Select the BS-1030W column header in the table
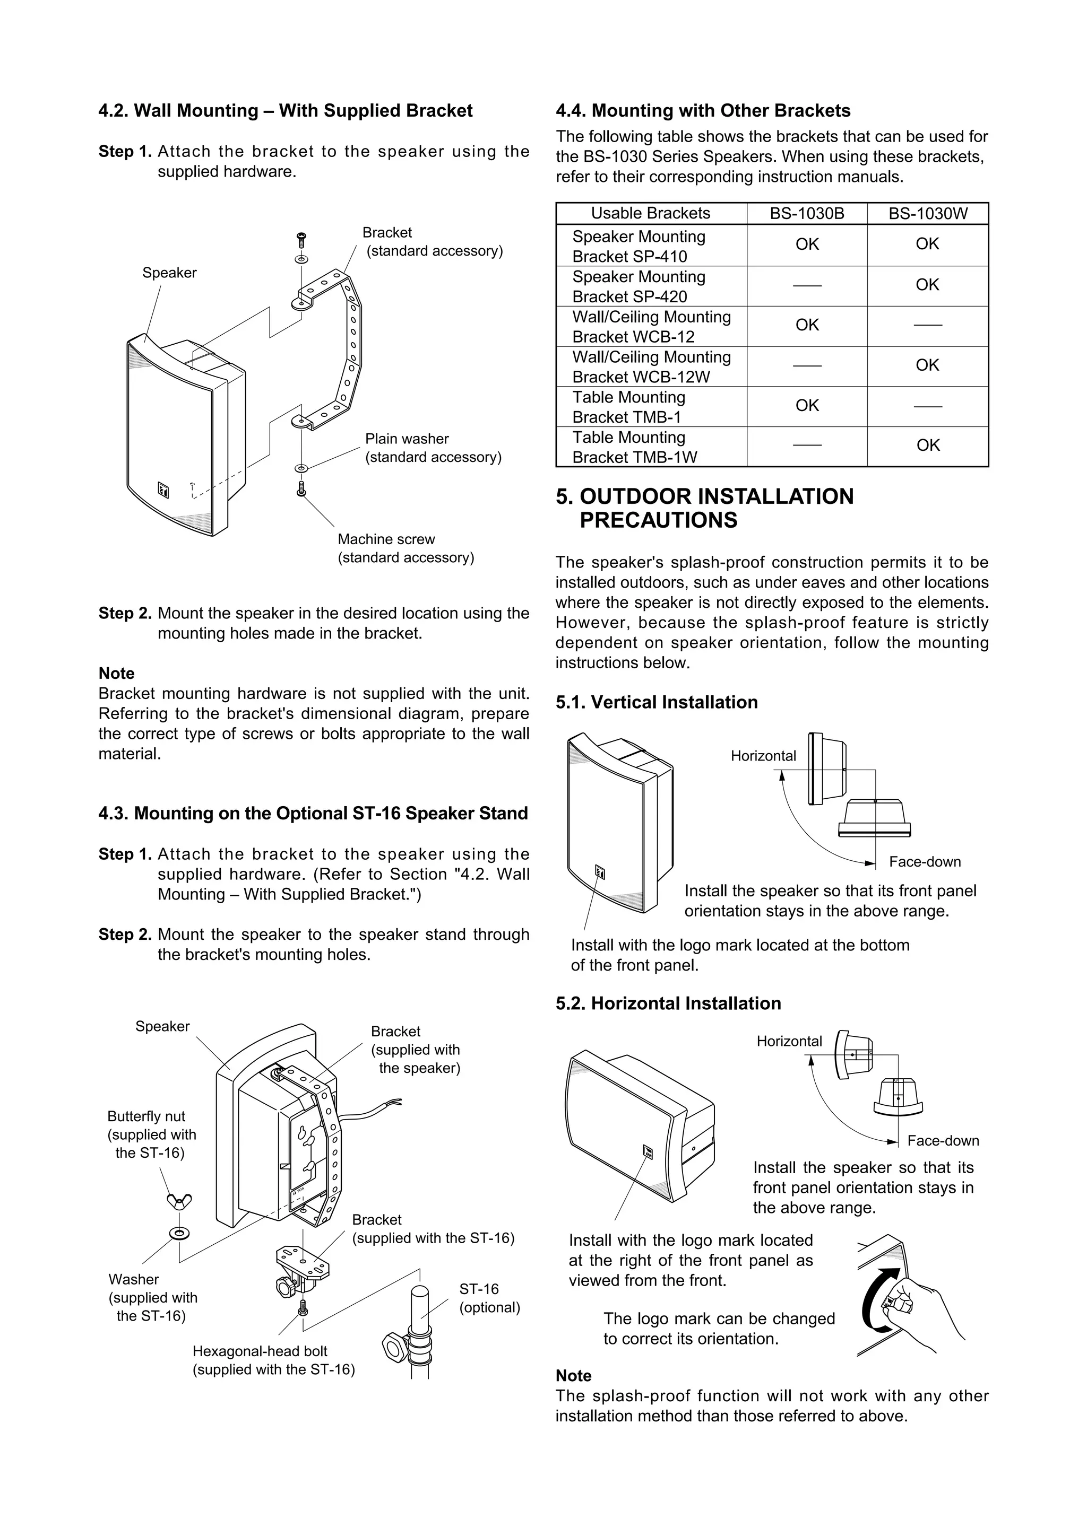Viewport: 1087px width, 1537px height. click(x=928, y=214)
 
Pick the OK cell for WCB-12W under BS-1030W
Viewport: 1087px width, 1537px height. click(x=928, y=365)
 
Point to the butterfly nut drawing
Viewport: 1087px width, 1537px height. click(x=179, y=1203)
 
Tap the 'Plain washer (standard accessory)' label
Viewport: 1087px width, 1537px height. click(x=433, y=448)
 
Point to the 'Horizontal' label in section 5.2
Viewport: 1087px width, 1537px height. click(x=789, y=1041)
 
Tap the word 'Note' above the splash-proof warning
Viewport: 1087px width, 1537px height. click(x=573, y=1376)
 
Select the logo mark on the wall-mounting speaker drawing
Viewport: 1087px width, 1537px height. click(x=163, y=491)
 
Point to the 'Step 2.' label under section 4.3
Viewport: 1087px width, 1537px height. click(x=125, y=935)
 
